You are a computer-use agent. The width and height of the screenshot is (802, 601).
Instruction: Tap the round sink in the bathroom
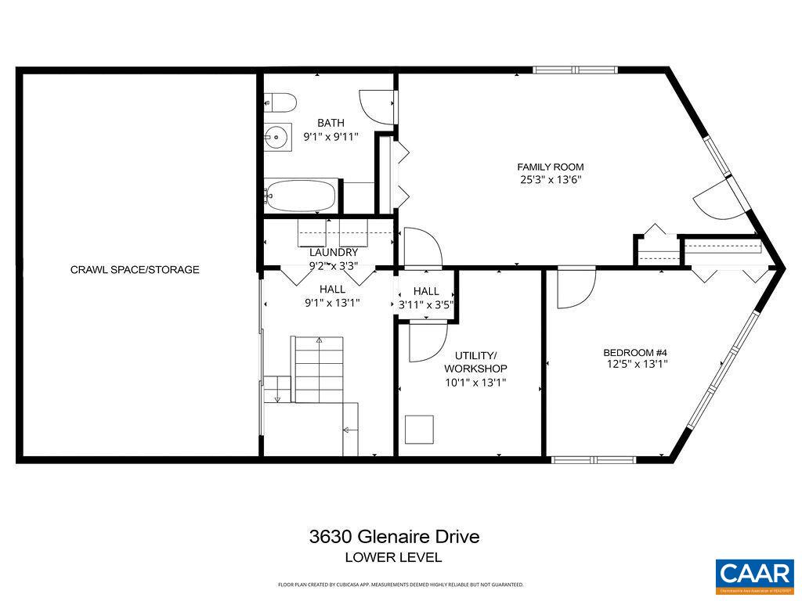[x=277, y=138]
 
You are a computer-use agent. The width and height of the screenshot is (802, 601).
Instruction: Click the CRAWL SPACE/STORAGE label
[x=135, y=270]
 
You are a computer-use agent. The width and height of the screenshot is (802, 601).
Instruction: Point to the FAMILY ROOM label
[x=550, y=167]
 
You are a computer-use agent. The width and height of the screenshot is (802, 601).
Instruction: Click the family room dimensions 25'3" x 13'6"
[x=550, y=179]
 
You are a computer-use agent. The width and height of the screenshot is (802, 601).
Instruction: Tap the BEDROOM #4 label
[x=634, y=352]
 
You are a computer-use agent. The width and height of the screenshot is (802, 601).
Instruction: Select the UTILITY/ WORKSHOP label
[x=475, y=362]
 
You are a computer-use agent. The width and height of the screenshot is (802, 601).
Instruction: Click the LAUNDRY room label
[x=333, y=252]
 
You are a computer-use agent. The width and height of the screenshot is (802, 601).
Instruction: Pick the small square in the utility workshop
[x=419, y=429]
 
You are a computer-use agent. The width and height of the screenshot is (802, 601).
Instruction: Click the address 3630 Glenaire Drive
[x=394, y=537]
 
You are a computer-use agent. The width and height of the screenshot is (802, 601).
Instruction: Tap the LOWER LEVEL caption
[x=394, y=557]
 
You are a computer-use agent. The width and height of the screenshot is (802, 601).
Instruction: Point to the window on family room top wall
[x=576, y=70]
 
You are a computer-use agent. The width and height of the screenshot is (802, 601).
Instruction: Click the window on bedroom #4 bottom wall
[x=593, y=459]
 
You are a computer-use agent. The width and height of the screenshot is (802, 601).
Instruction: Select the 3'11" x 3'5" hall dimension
[x=426, y=304]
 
